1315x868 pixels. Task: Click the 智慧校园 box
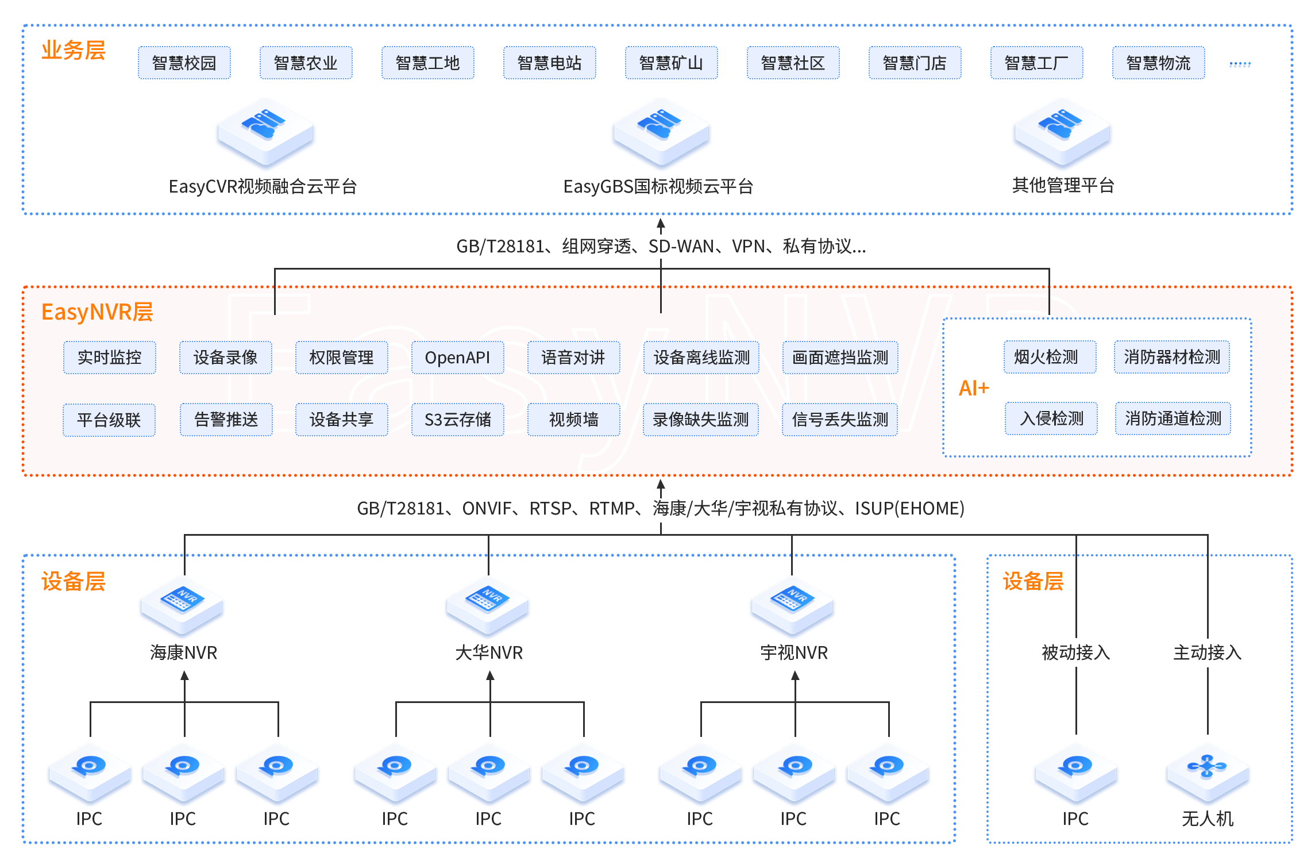click(184, 63)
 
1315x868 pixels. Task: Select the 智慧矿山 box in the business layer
click(671, 63)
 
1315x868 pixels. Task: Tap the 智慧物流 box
click(1158, 63)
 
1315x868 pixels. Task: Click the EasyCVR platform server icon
click(265, 132)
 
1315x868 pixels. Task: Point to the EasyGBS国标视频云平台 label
click(658, 186)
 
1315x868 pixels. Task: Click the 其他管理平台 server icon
click(1062, 132)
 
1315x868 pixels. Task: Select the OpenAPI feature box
click(457, 358)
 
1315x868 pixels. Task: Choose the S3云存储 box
click(457, 420)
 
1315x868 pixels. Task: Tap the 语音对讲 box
click(573, 358)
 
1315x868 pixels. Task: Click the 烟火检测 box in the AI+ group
click(1050, 357)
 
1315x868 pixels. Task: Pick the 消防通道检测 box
click(1173, 418)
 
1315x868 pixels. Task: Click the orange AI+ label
click(974, 389)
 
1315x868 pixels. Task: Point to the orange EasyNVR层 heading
click(97, 312)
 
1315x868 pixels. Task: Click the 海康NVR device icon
click(182, 606)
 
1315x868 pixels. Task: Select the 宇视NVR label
click(794, 652)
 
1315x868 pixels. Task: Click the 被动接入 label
click(1075, 652)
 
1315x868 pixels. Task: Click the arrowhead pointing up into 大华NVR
click(490, 676)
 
